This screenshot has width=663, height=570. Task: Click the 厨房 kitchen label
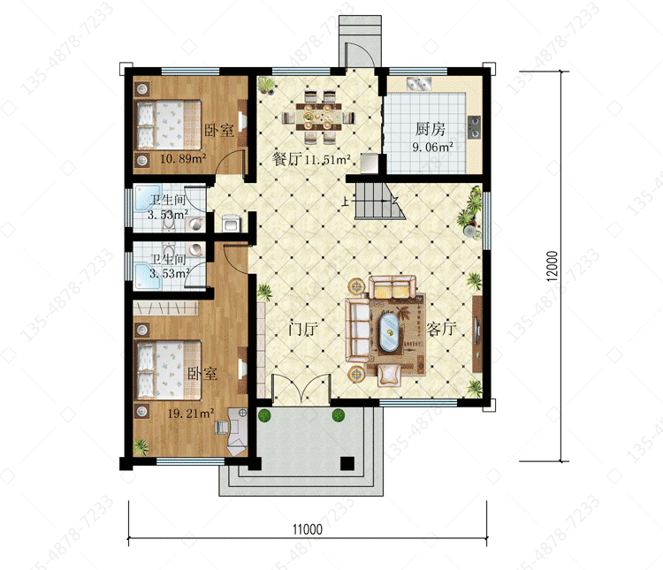(430, 129)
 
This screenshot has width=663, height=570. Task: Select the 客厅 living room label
(441, 329)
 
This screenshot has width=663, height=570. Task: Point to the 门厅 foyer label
(302, 329)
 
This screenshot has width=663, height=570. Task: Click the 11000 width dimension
(308, 529)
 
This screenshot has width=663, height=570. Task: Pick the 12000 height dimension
(552, 266)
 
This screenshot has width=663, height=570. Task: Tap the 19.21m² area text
(191, 413)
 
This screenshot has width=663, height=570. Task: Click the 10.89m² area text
(183, 158)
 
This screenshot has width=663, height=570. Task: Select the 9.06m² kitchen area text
(433, 148)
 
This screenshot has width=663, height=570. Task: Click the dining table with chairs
(318, 117)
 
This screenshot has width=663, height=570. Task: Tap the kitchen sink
(419, 84)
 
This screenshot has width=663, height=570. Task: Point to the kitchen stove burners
(474, 127)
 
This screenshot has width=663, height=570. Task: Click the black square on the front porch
(347, 463)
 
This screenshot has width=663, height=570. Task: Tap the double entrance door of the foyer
(301, 388)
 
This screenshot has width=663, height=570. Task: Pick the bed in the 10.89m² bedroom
(168, 125)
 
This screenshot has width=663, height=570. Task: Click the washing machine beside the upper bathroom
(231, 223)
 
